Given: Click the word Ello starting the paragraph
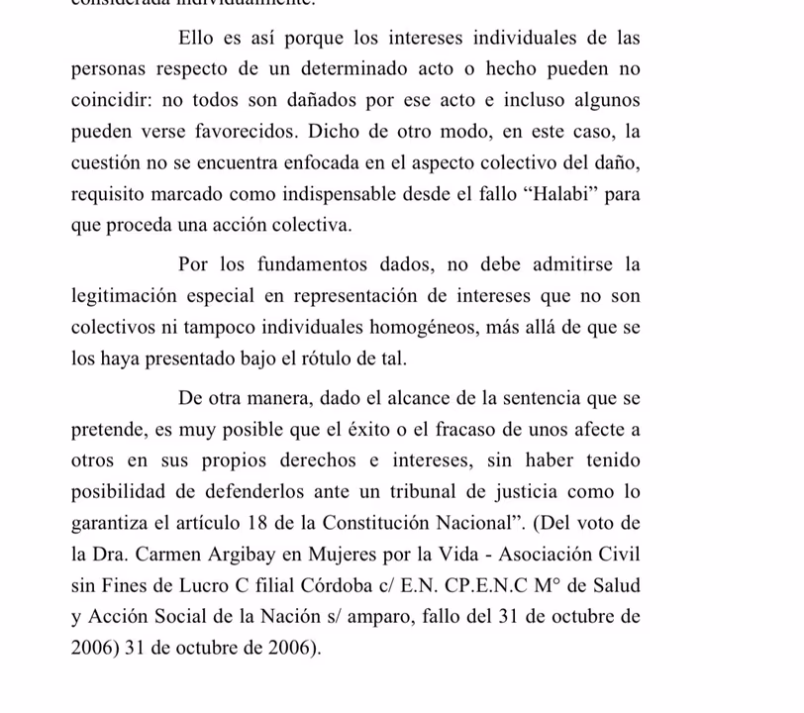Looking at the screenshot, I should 194,39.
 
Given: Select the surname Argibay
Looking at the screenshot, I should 235,555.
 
